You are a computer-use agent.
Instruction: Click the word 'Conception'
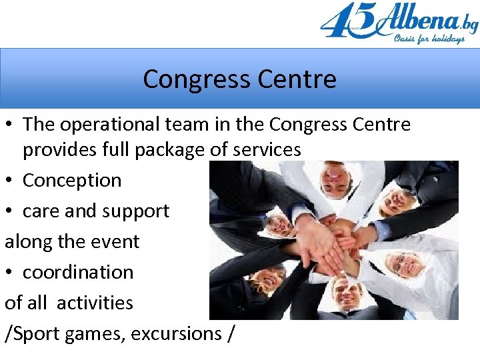72,180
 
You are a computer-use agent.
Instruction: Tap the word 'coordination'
78,272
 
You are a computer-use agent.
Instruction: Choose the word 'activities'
95,303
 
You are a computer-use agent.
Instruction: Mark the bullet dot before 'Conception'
9,180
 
